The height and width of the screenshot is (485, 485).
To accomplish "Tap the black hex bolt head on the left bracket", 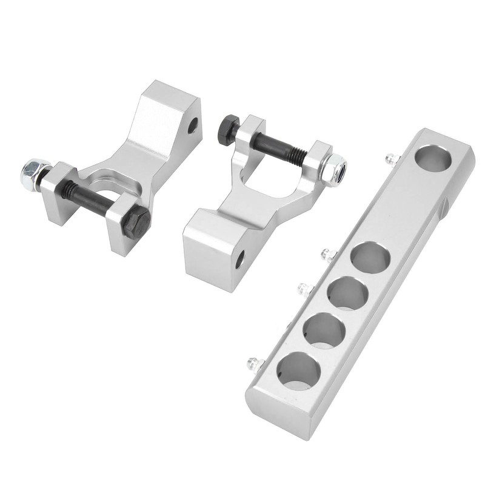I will [x=136, y=220].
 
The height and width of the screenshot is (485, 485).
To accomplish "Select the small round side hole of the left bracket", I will [x=193, y=125].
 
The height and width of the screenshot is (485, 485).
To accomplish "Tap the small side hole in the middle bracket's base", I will [x=240, y=259].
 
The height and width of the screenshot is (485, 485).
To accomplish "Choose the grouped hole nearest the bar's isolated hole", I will [x=370, y=258].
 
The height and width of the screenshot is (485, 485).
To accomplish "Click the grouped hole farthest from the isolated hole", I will [x=299, y=370].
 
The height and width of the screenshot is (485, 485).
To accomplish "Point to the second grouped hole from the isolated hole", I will [x=348, y=293].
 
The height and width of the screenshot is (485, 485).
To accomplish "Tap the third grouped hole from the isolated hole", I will [x=324, y=331].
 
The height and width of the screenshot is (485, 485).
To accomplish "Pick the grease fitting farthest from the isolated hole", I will [x=253, y=364].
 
